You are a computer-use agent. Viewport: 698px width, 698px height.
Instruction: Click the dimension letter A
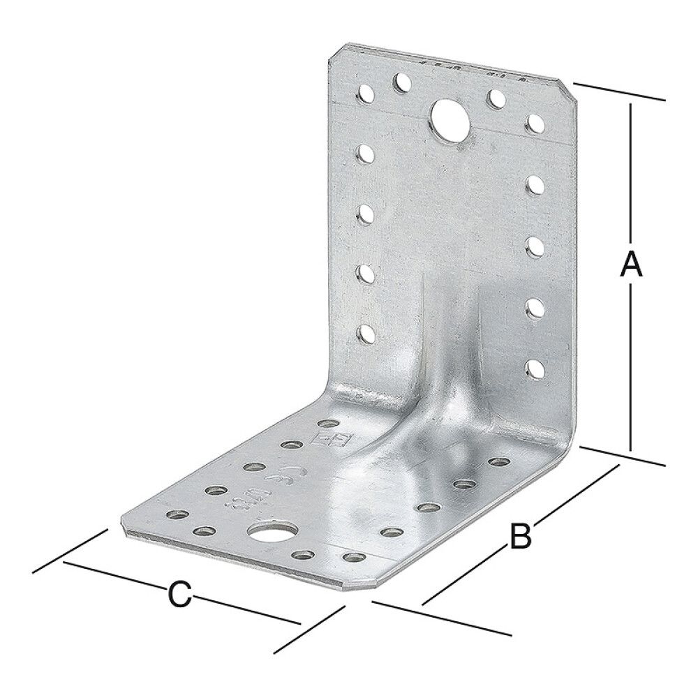(630, 266)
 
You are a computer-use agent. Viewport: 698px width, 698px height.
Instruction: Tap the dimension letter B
(520, 536)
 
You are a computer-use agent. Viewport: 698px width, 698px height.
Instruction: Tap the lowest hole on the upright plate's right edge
(534, 366)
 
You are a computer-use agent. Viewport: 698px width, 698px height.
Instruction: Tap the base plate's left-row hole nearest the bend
(325, 424)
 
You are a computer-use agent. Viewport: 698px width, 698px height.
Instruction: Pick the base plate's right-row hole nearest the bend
(498, 461)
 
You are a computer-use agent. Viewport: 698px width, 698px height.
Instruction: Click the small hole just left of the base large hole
(204, 531)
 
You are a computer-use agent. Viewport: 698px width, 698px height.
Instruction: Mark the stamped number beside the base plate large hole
(234, 501)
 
